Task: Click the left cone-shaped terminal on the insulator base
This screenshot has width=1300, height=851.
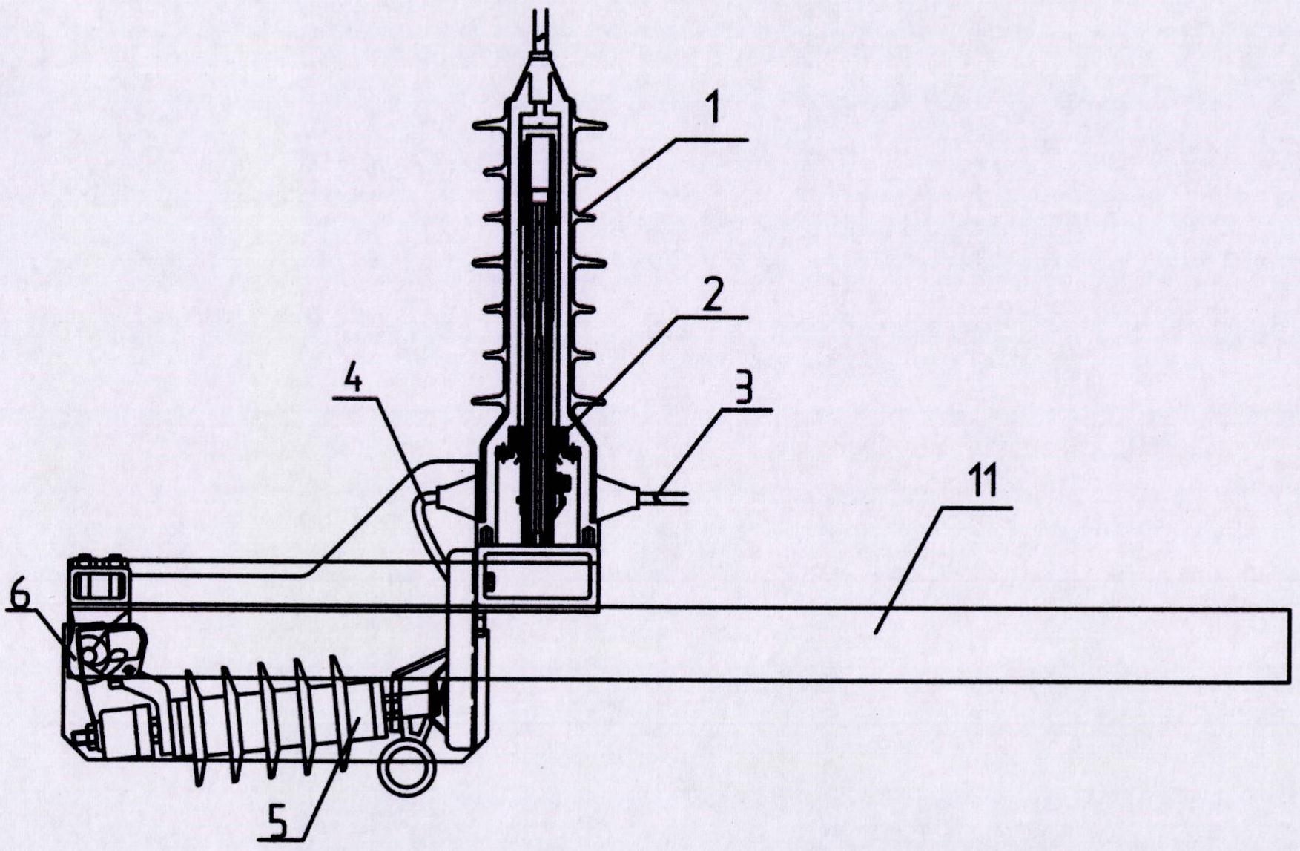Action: coord(455,496)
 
